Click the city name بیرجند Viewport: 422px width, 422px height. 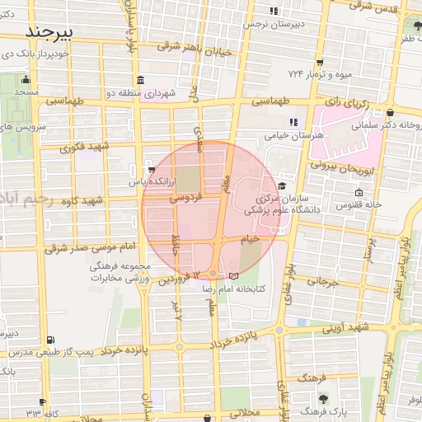[x=50, y=30]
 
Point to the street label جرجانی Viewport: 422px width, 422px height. [x=322, y=281]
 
